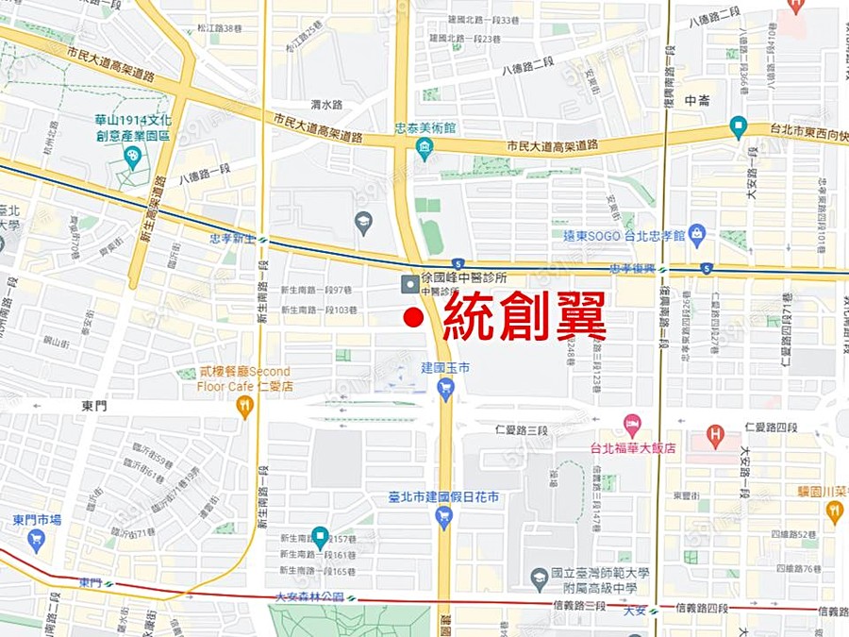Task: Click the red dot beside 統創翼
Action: point(412,318)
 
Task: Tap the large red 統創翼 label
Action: point(524,317)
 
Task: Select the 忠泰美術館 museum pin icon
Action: point(424,147)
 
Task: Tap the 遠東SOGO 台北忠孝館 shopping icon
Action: point(697,233)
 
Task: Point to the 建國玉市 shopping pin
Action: point(446,387)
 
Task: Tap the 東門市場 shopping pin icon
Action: point(37,540)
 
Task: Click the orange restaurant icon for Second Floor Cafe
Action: point(244,407)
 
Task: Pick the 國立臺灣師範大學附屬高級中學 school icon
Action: point(540,577)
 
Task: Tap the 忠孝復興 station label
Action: point(633,269)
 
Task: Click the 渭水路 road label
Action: point(327,105)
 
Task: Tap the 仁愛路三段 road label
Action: point(522,430)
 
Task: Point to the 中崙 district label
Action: point(697,100)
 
